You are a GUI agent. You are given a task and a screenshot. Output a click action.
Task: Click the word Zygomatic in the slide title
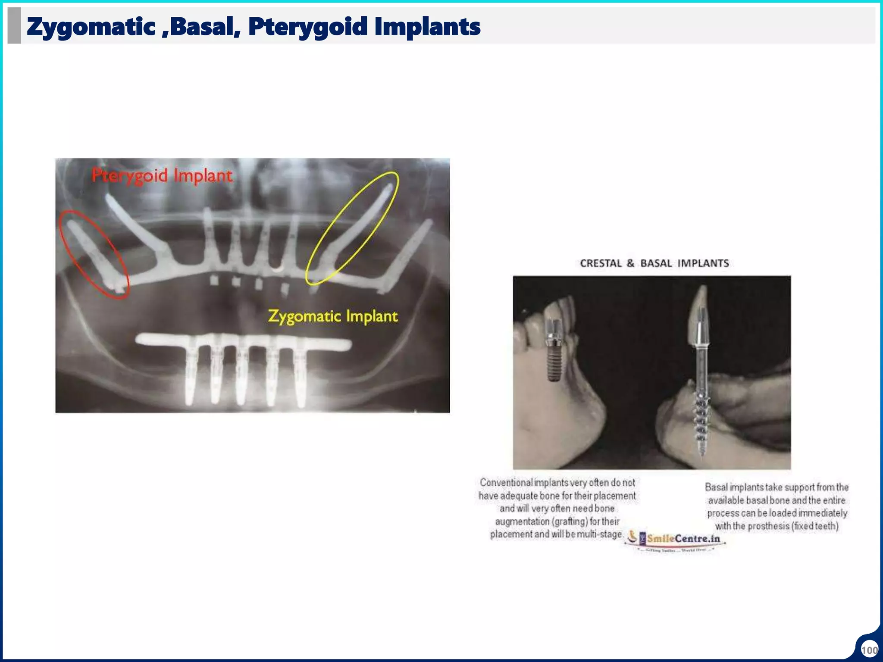(91, 27)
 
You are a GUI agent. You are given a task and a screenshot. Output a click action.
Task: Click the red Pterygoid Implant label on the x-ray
(162, 176)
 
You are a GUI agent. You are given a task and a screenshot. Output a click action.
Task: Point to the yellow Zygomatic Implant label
(332, 316)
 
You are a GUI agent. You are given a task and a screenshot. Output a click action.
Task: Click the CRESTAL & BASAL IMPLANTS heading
(654, 263)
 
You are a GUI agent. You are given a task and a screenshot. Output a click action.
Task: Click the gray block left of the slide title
(14, 26)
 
